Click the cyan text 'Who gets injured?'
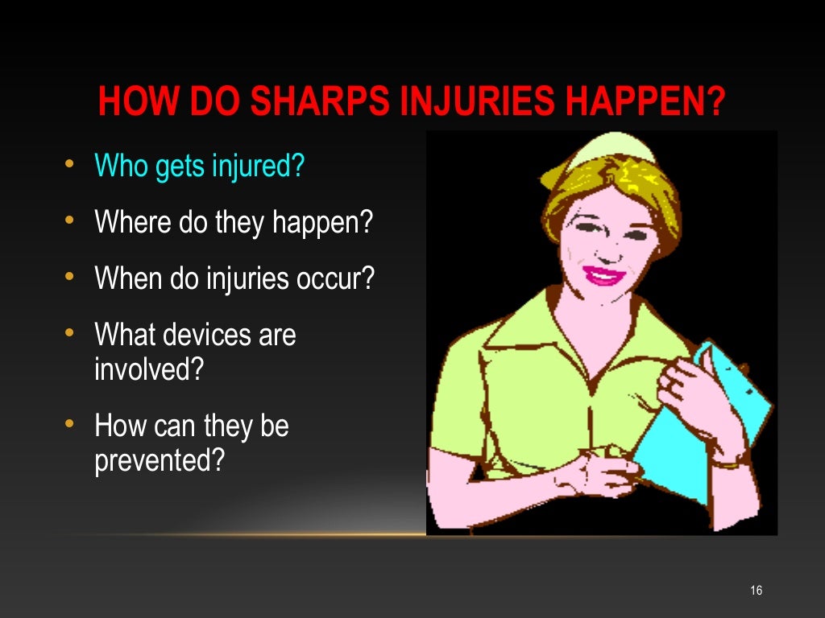pos(200,167)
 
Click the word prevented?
pos(159,462)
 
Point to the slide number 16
pos(756,591)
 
